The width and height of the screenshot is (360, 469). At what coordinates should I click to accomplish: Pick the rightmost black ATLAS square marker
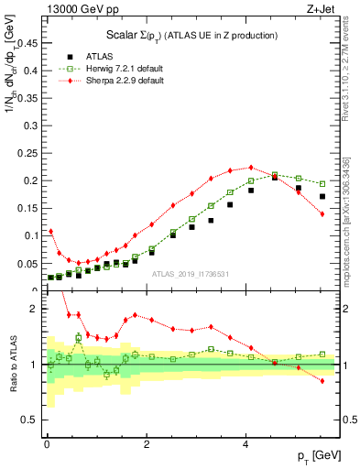322,196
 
